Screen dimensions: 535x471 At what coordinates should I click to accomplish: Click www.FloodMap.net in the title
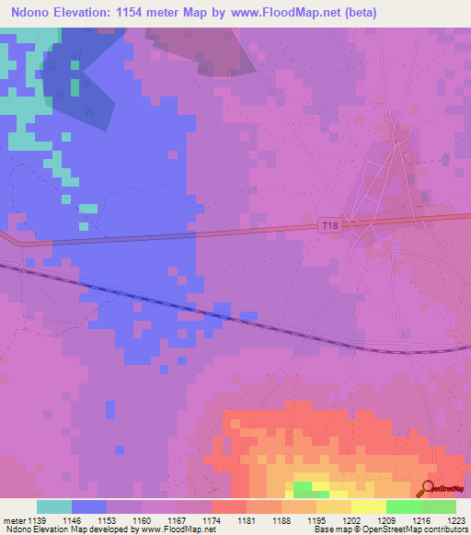point(286,13)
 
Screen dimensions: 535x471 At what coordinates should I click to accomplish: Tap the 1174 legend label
point(211,519)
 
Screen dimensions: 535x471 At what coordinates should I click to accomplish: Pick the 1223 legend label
point(455,519)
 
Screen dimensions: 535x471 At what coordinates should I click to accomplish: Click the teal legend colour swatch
point(54,507)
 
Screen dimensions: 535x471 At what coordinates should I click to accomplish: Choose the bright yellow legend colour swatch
point(368,507)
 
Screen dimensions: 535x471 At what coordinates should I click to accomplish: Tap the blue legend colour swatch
point(89,507)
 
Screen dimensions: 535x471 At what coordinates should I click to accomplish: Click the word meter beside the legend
point(13,519)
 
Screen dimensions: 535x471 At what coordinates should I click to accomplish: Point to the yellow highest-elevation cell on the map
point(319,485)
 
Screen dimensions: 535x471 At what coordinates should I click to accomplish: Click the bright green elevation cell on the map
point(302,487)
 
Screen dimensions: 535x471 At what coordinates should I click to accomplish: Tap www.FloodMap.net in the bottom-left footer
point(175,529)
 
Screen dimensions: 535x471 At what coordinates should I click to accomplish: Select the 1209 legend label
point(385,519)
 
